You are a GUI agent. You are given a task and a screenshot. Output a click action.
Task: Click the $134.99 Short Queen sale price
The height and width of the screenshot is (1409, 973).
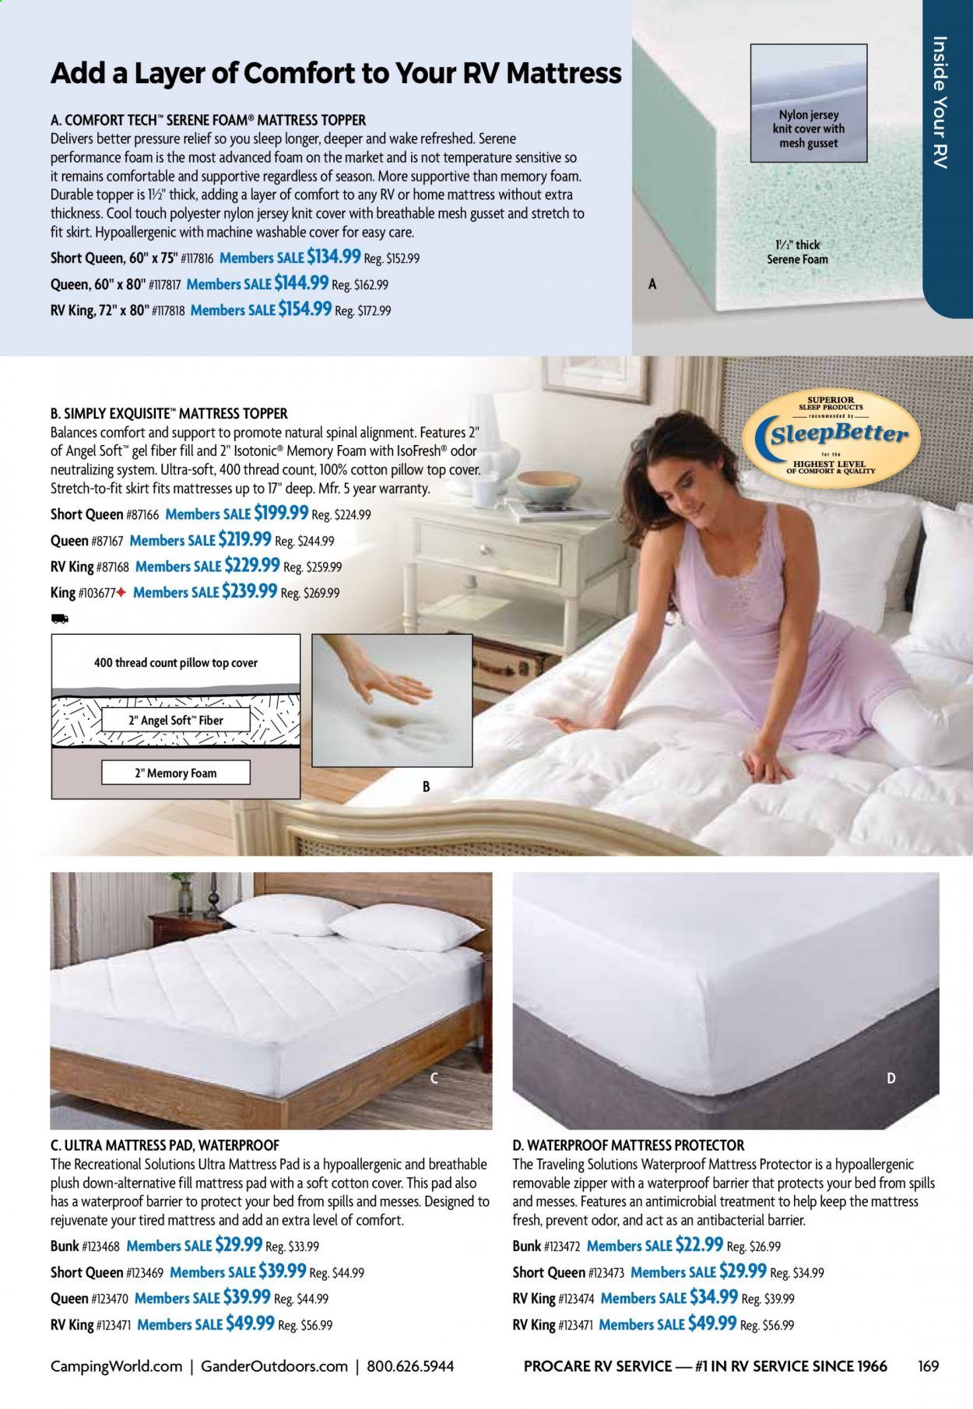click(x=334, y=257)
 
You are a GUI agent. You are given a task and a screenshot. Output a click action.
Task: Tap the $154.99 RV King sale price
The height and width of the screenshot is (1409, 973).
click(x=305, y=309)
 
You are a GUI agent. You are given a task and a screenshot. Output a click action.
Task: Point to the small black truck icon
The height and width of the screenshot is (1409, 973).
click(x=59, y=619)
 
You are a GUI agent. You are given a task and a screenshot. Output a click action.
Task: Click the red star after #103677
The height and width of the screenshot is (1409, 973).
click(x=121, y=592)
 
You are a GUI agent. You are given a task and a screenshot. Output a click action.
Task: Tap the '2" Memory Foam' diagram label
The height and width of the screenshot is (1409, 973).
click(x=176, y=773)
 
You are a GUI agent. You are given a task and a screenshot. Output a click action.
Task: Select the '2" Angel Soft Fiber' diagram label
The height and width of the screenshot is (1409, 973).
click(x=176, y=720)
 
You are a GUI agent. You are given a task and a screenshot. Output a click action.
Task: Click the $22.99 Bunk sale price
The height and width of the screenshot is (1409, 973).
click(x=699, y=1245)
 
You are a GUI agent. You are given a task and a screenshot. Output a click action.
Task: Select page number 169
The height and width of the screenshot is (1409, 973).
click(x=928, y=1365)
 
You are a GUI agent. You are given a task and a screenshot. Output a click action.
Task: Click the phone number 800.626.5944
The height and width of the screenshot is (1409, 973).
click(x=409, y=1365)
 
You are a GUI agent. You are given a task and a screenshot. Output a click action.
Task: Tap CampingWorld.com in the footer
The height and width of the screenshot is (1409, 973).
click(x=116, y=1365)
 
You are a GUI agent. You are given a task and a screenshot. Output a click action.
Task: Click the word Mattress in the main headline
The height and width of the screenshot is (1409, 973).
click(x=564, y=73)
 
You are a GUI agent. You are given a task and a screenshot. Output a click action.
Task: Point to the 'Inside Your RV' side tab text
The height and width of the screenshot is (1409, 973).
click(x=940, y=102)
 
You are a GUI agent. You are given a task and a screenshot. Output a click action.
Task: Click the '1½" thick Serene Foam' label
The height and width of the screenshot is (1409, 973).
click(x=798, y=252)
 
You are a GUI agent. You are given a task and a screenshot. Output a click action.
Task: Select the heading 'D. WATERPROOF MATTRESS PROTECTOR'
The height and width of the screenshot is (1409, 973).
click(x=628, y=1144)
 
